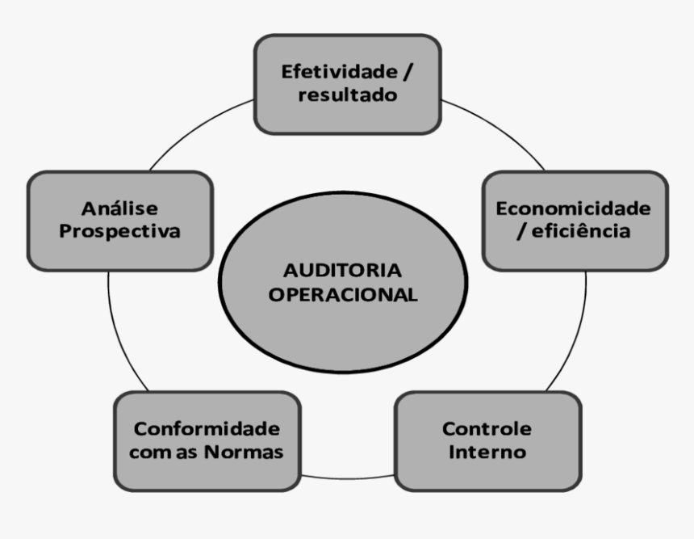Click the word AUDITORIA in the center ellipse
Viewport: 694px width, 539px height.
click(343, 271)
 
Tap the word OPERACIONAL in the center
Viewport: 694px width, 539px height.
click(343, 295)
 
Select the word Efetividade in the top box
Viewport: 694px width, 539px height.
click(340, 71)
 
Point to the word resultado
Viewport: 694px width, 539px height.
click(348, 95)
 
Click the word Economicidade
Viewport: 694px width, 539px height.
click(573, 208)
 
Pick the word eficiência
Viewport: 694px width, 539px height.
click(581, 231)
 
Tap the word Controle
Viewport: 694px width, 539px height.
click(487, 428)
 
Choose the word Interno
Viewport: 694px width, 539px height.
click(487, 452)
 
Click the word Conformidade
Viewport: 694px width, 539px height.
click(207, 428)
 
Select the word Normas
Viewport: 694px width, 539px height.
click(244, 452)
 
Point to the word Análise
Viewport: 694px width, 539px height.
click(119, 208)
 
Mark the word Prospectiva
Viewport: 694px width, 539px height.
click(119, 231)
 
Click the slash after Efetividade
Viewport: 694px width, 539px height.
click(408, 72)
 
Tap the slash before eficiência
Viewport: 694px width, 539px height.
click(521, 231)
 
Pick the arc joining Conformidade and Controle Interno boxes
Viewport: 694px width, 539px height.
click(348, 478)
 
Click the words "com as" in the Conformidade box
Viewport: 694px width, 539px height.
click(163, 453)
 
